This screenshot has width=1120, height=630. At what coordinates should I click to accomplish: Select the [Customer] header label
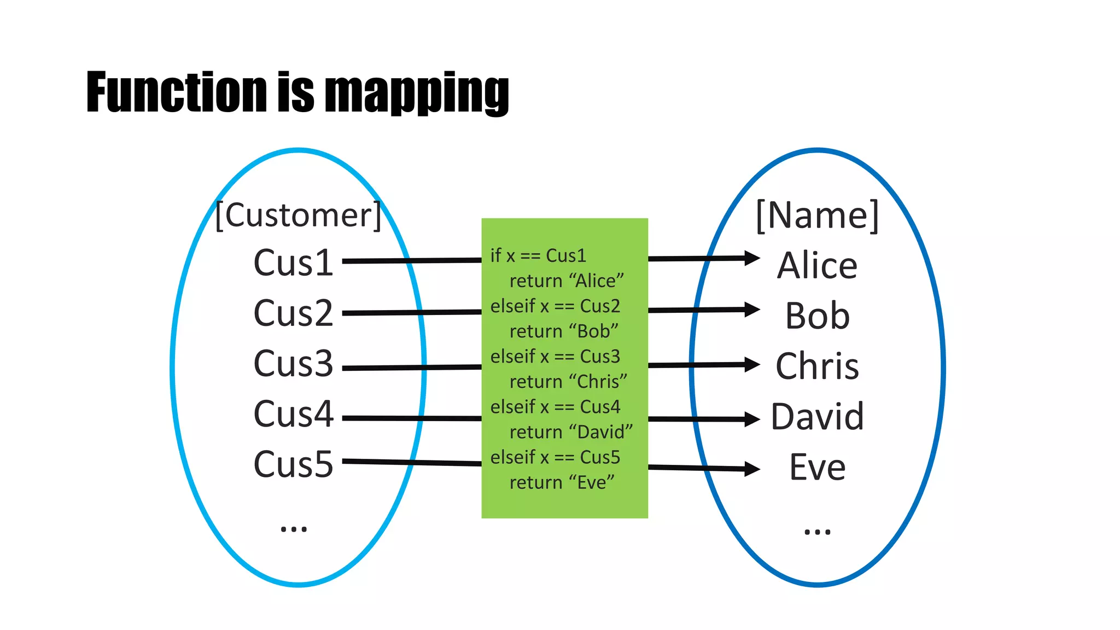[298, 215]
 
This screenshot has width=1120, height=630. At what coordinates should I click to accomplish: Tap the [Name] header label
[817, 215]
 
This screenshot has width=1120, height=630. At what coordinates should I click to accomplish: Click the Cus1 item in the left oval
[293, 263]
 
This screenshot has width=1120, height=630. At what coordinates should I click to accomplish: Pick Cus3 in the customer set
[293, 364]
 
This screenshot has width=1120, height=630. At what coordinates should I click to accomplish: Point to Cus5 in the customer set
[293, 464]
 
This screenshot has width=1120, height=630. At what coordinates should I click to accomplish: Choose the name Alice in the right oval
[817, 266]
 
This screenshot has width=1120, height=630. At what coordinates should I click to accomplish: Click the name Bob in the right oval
[817, 316]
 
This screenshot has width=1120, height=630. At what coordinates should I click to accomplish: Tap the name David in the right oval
[817, 417]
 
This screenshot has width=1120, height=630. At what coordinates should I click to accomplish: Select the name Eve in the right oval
[817, 467]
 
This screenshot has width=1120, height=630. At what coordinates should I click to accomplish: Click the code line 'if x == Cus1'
[538, 255]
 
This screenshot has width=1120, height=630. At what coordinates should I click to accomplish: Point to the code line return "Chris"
[568, 382]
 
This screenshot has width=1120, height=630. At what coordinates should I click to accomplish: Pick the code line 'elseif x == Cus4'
[555, 407]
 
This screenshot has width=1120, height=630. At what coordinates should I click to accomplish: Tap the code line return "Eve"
[562, 482]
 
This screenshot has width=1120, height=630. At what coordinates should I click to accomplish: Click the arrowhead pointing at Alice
[752, 258]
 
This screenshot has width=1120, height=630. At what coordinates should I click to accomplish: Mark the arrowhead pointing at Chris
[752, 364]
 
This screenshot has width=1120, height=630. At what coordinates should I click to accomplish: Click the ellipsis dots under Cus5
[294, 529]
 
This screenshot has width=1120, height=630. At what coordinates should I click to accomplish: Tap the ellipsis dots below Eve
[817, 531]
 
